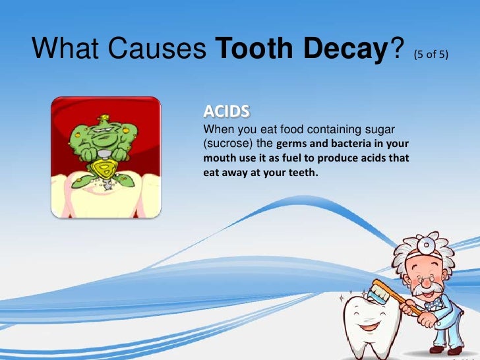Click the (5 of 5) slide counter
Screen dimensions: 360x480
point(432,54)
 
